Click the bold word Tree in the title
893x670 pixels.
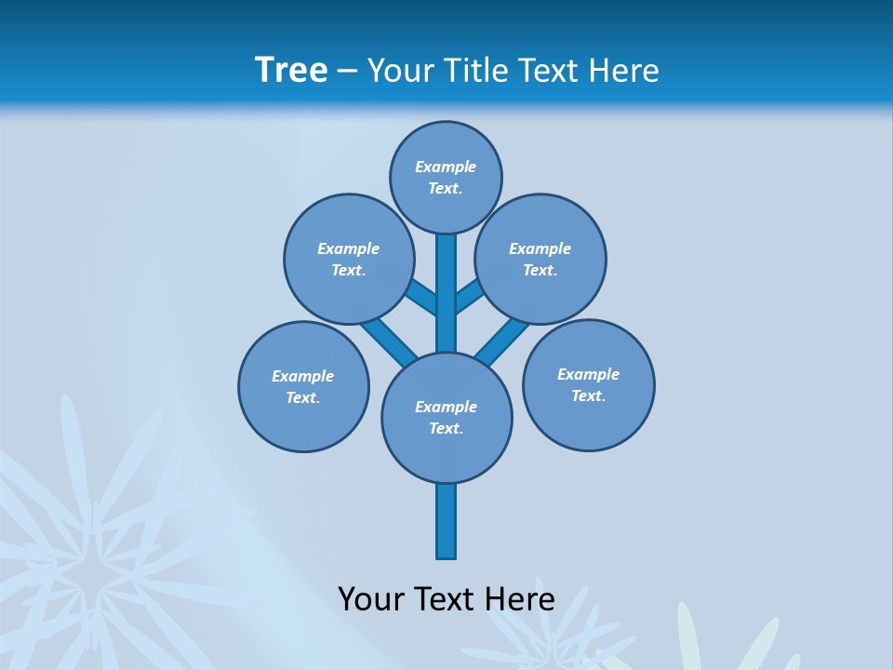(x=291, y=70)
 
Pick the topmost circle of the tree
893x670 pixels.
(x=446, y=177)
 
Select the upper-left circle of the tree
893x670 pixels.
(x=349, y=259)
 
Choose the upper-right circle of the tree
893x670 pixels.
(x=540, y=259)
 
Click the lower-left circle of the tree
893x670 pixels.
(x=303, y=386)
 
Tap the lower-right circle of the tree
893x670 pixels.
(x=588, y=384)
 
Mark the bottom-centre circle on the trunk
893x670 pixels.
(x=446, y=417)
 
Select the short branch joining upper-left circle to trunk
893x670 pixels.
(x=423, y=298)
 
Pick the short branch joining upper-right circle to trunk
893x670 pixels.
(x=468, y=298)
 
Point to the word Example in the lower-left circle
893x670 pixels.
(x=302, y=376)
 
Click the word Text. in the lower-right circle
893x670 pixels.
(x=588, y=395)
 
